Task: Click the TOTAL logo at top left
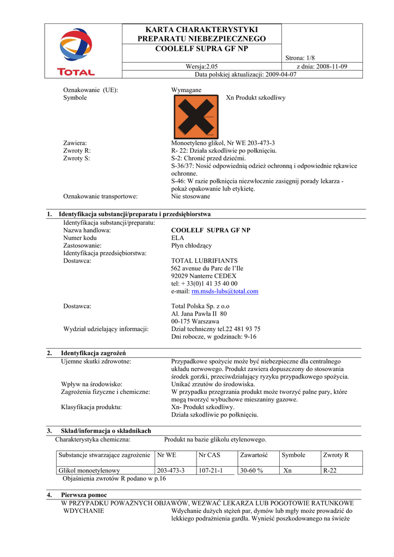tap(76, 52)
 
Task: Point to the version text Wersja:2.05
tap(202, 66)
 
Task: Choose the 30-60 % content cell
tap(251, 471)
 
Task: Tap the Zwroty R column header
tap(336, 455)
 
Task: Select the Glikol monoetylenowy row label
tap(89, 471)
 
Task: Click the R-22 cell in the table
tap(330, 471)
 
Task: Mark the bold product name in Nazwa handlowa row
tap(211, 230)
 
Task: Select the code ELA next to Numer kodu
tap(177, 238)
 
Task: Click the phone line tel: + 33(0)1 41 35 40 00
tap(204, 283)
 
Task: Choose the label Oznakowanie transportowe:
tap(100, 196)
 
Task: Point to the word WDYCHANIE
tap(84, 511)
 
